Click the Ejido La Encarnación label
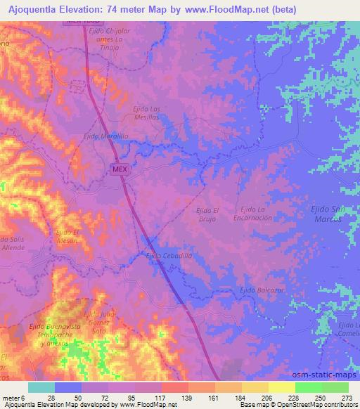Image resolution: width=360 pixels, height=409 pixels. [x=256, y=214]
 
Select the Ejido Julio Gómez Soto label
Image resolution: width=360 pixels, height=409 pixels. [x=98, y=321]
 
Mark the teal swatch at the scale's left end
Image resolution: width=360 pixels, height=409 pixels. [x=41, y=387]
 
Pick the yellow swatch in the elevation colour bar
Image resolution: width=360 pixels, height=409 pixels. [x=282, y=387]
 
